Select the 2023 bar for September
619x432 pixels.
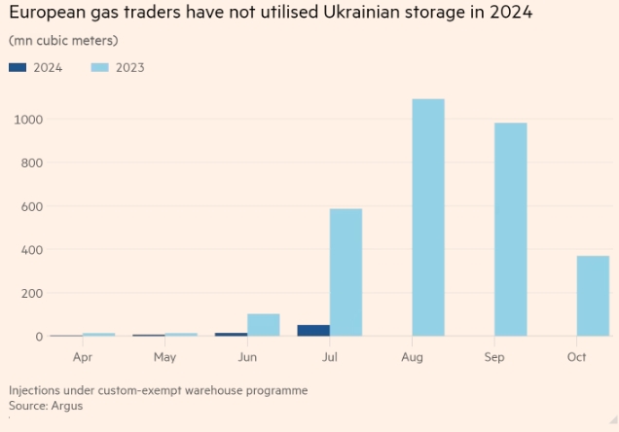point(510,230)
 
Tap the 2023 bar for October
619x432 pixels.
point(593,296)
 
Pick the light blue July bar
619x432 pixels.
point(346,272)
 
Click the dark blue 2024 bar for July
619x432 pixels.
point(312,331)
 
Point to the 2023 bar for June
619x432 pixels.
point(263,325)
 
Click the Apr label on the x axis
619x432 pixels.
point(82,357)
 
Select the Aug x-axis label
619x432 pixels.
point(412,357)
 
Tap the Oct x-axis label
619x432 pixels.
point(576,357)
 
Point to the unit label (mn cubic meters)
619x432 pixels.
point(63,41)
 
